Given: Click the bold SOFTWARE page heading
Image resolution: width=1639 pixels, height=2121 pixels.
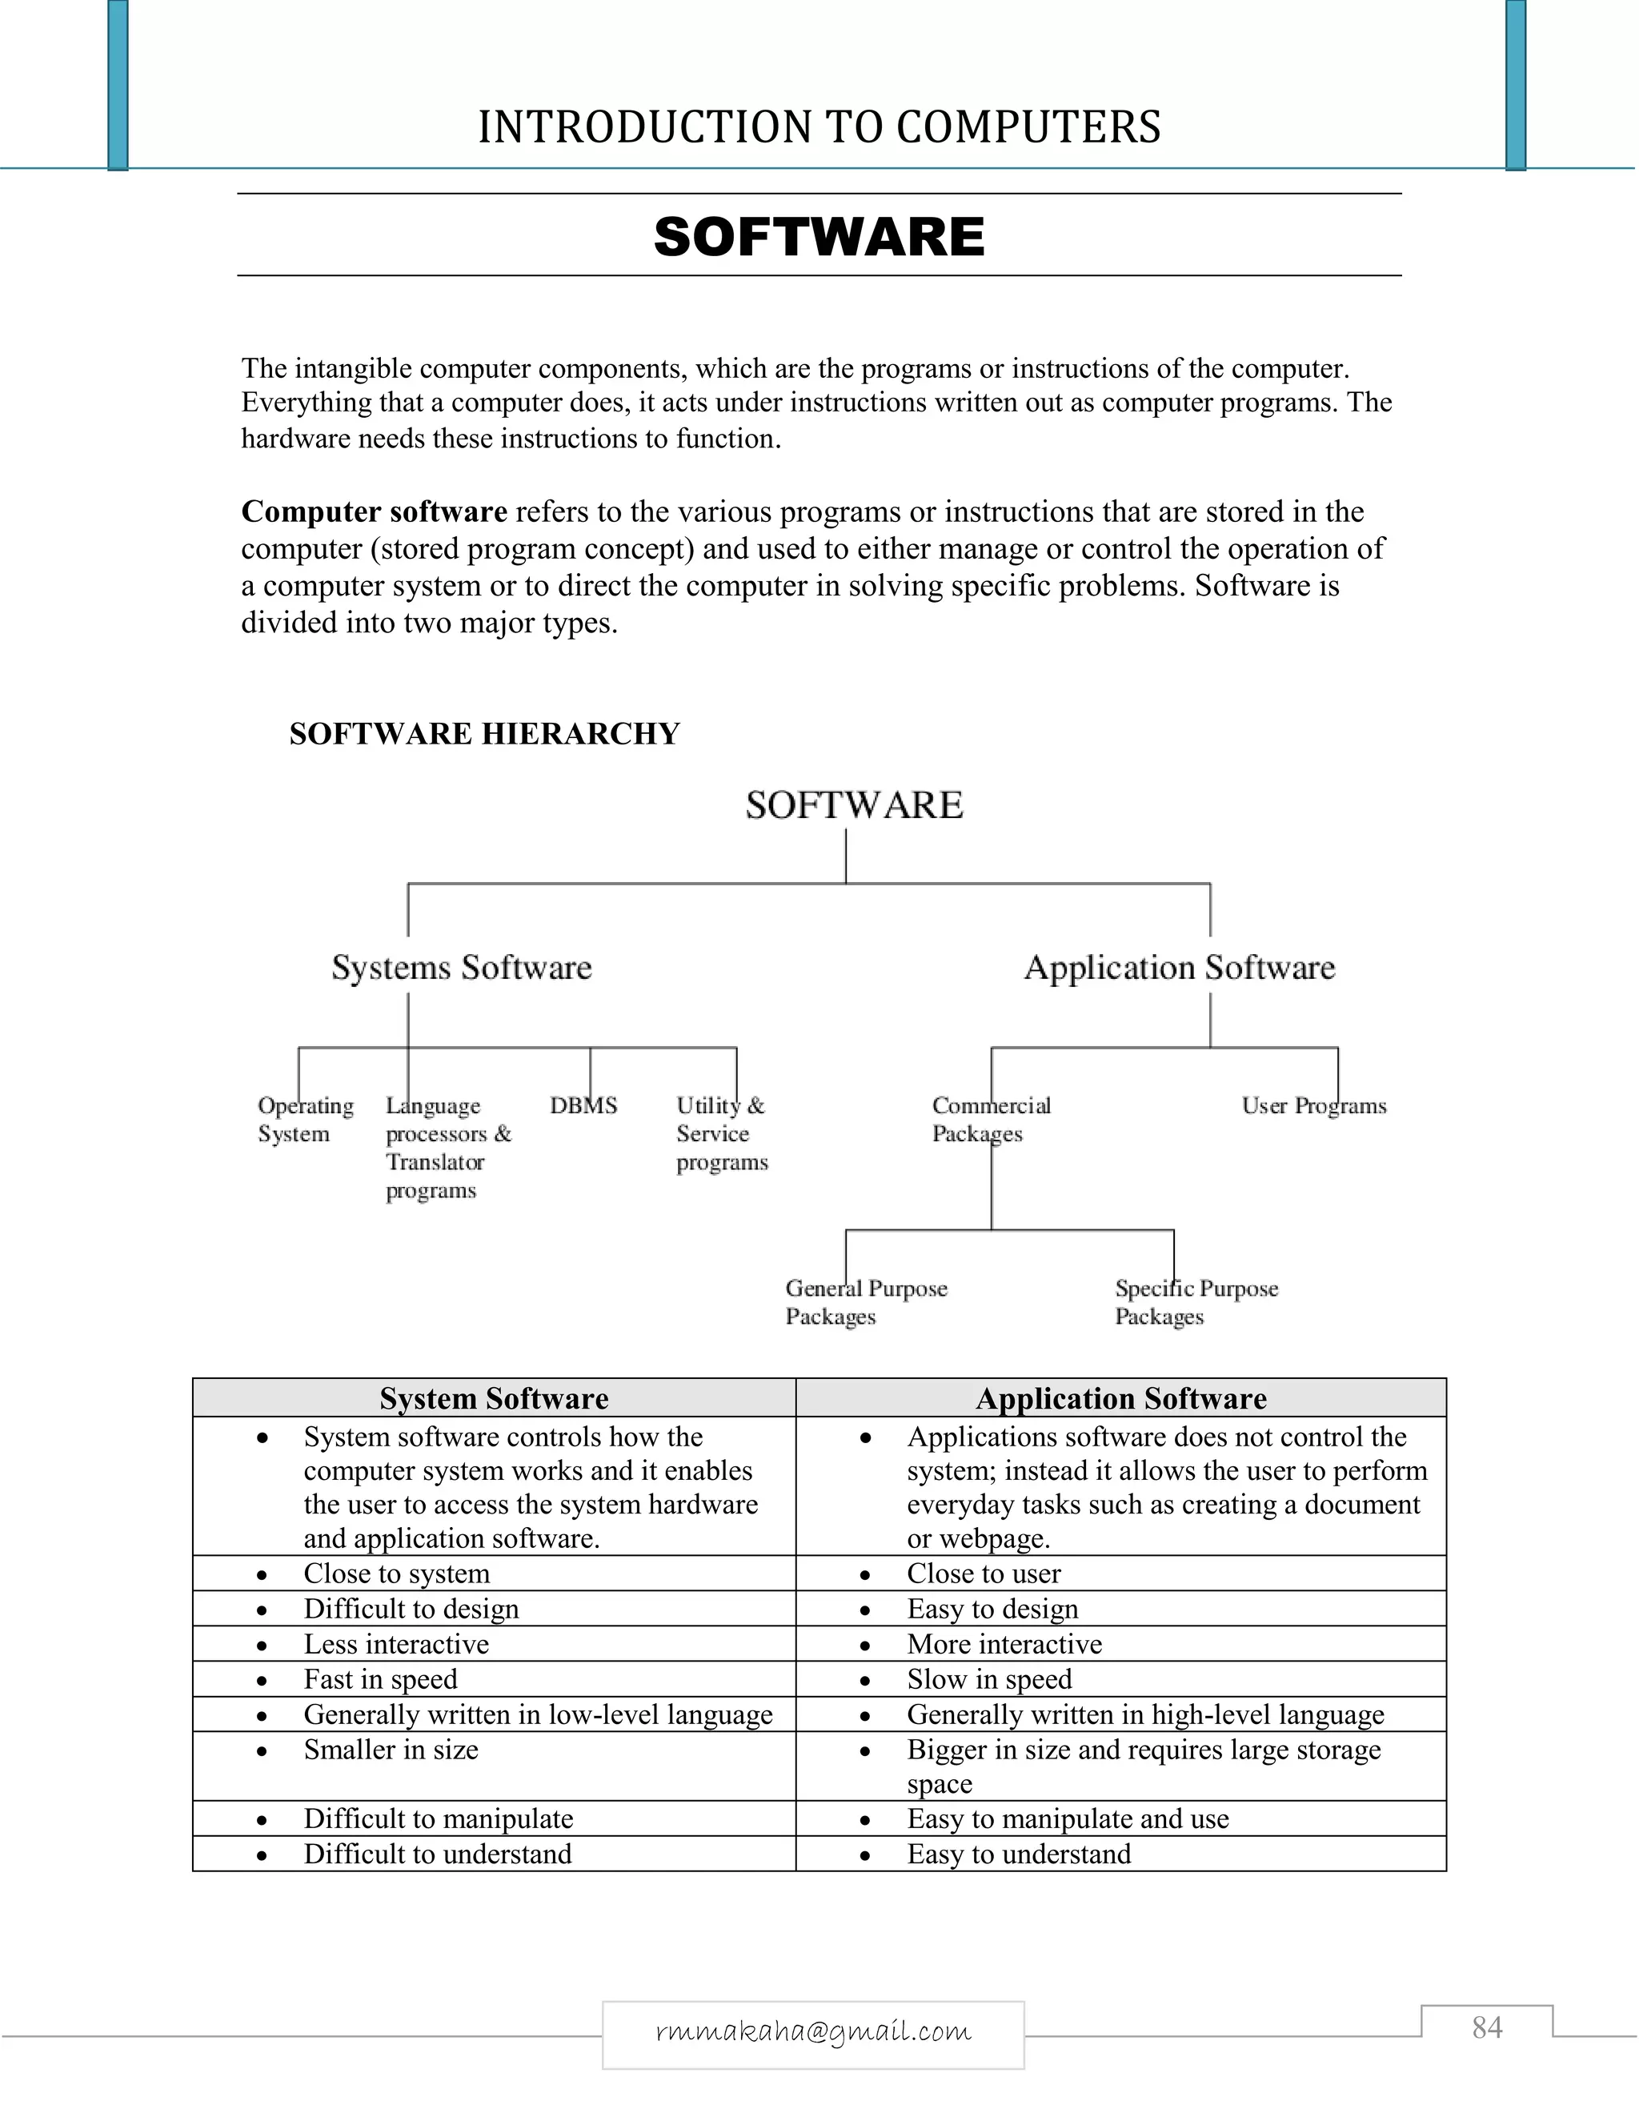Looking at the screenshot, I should point(819,237).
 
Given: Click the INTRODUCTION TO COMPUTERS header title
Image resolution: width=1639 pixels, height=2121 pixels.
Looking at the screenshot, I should point(819,127).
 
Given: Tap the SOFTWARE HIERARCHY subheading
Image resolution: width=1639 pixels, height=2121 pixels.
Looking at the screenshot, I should point(483,733).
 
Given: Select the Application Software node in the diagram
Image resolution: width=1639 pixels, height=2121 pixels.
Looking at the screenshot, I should point(1179,968).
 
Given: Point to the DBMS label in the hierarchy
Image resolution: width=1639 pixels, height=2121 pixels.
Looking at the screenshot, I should point(583,1105).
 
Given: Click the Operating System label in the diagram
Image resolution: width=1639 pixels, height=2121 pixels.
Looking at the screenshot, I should point(304,1120).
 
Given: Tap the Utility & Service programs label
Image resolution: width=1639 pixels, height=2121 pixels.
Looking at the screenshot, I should point(721,1133).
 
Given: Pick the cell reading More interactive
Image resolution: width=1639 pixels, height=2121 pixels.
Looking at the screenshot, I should point(1004,1644).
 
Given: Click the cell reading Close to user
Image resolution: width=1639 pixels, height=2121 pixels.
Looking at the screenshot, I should point(983,1574).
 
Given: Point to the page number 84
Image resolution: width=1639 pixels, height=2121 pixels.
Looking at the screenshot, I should point(1487,2028).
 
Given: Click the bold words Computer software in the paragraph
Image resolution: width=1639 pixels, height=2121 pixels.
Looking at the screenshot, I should point(374,511).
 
